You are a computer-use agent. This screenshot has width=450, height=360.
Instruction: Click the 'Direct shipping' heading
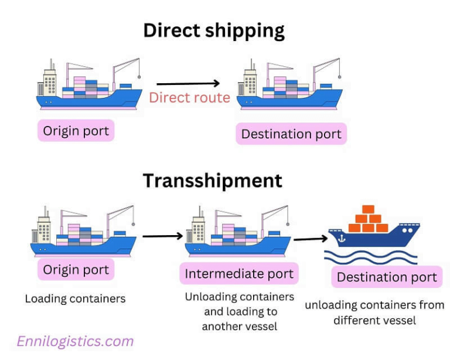214,30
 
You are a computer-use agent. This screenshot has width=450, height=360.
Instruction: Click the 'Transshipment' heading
212,180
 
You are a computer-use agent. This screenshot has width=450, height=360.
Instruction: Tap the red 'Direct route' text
189,97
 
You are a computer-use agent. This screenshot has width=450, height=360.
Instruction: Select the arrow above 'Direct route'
187,84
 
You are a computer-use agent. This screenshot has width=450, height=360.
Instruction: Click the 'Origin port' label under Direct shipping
76,130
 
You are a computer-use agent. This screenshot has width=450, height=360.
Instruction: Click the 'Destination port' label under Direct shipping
291,134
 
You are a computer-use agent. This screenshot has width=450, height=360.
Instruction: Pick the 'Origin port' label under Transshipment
76,270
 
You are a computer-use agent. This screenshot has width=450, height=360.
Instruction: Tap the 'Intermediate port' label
238,274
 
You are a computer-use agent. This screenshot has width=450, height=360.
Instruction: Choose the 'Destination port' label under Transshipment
387,277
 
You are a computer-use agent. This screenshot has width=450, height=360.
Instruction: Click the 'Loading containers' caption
75,298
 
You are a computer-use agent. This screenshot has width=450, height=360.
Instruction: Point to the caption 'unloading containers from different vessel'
374,313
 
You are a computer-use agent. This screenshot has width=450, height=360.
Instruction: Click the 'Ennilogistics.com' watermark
75,341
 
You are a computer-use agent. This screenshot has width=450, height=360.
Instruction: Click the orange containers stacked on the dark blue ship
368,219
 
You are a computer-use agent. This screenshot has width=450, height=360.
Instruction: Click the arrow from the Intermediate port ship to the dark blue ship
310,239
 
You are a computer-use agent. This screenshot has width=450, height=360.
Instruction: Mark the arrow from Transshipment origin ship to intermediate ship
162,236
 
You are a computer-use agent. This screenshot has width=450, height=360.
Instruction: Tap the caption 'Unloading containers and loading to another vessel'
239,311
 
